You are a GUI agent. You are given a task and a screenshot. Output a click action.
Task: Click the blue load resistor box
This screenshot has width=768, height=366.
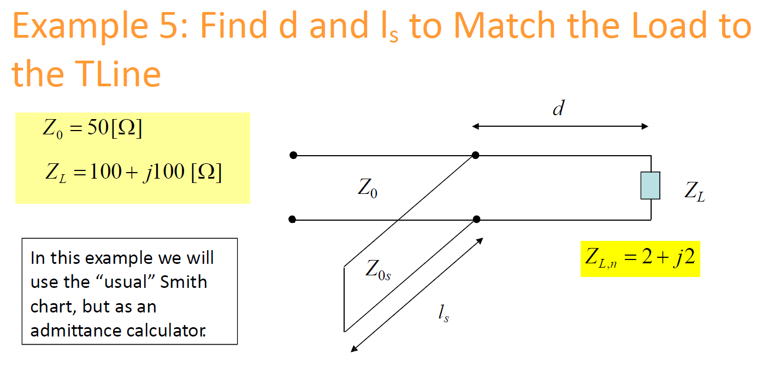(x=650, y=185)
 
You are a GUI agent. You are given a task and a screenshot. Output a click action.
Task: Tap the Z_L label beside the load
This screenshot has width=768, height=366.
(x=694, y=192)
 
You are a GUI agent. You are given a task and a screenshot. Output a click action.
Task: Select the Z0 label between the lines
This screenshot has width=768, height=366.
(x=367, y=188)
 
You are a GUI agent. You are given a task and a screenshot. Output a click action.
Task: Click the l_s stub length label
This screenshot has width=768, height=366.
(x=443, y=314)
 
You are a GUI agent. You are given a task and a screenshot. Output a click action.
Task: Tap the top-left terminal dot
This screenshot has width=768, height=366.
(x=293, y=156)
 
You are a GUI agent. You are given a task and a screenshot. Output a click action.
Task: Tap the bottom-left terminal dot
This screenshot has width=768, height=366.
(x=292, y=220)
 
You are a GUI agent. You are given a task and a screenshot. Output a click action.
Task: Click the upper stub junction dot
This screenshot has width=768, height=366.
(x=476, y=156)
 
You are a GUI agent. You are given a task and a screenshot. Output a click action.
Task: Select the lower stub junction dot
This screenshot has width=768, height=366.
(x=476, y=220)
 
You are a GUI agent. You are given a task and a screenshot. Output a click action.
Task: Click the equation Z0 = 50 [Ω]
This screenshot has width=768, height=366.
(x=92, y=131)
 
